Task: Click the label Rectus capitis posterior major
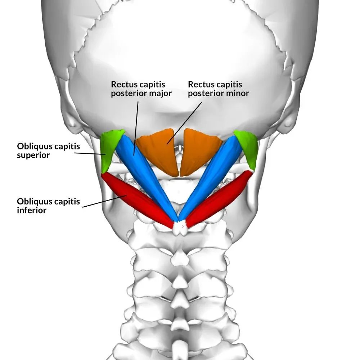[x=141, y=89]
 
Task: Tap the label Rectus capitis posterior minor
[x=219, y=89]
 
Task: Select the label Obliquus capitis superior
[x=48, y=151]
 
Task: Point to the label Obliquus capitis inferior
[x=48, y=206]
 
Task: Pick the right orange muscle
[x=198, y=151]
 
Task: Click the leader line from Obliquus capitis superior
[x=90, y=153]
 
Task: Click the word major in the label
[x=161, y=94]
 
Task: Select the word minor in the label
[x=238, y=94]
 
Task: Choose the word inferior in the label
[x=32, y=210]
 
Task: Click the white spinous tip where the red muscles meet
[x=179, y=228]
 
